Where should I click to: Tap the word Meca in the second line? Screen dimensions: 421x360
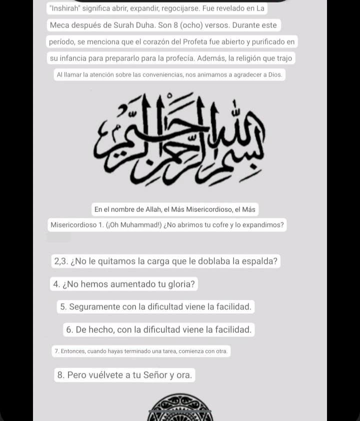[60, 25]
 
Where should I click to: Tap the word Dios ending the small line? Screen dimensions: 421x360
[275, 75]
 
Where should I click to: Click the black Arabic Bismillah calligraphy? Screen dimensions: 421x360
[179, 140]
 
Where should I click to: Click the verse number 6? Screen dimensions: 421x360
[69, 329]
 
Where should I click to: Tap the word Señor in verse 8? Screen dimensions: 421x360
[155, 375]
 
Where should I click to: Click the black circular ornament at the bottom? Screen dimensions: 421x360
[179, 406]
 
